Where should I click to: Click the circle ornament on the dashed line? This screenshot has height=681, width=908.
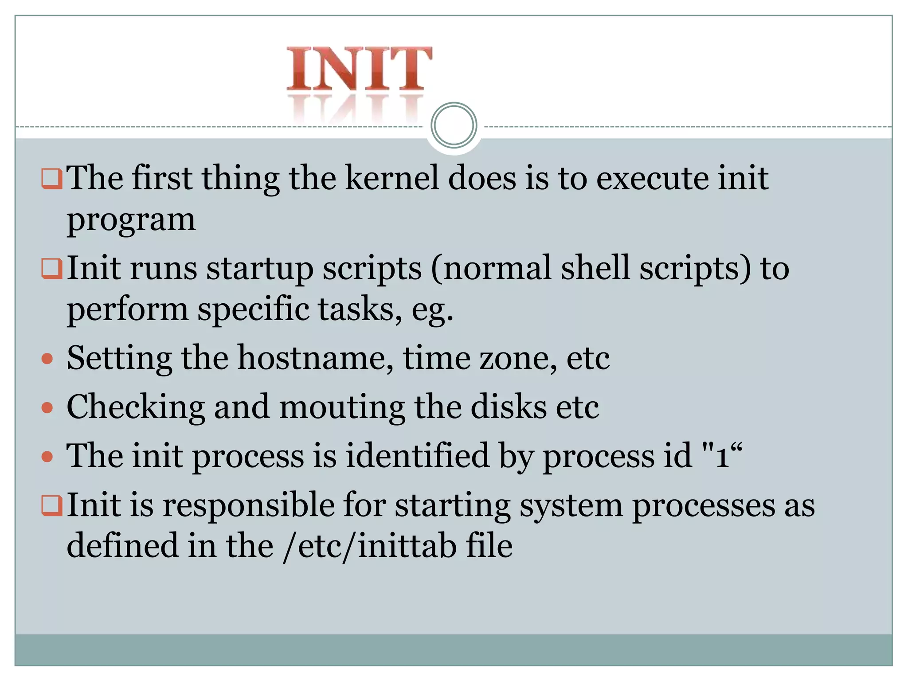[454, 125]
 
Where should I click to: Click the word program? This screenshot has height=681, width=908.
[131, 220]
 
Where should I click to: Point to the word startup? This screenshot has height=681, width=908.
[260, 269]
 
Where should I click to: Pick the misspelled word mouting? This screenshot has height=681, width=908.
[342, 407]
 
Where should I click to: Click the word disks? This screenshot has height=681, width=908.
[509, 407]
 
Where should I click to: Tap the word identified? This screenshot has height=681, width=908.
[417, 455]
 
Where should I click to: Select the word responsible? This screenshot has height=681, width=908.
[249, 505]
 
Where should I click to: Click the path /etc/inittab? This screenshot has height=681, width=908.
[370, 546]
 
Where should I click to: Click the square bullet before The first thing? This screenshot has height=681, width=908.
[51, 179]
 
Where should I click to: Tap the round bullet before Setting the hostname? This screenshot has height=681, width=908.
[47, 358]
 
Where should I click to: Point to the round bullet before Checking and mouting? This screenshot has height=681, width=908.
[47, 407]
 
